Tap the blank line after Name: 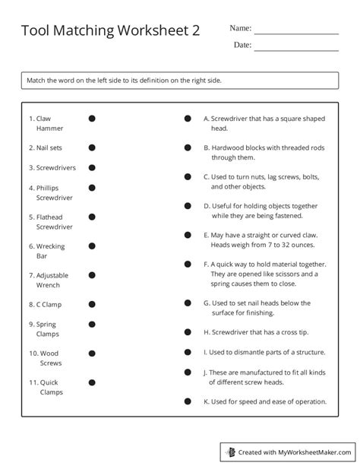pos(296,33)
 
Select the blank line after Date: pos(296,50)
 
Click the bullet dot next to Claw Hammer pos(92,119)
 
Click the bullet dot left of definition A pos(188,119)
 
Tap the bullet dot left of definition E pos(188,235)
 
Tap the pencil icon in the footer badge pos(232,452)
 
